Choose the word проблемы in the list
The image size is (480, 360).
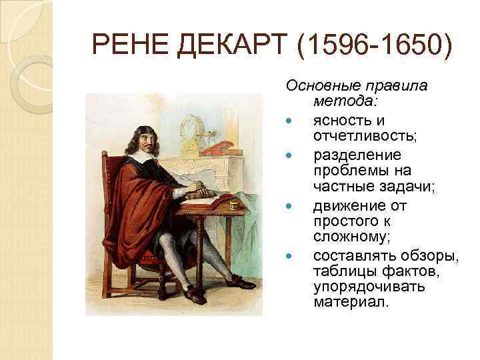(345, 171)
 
